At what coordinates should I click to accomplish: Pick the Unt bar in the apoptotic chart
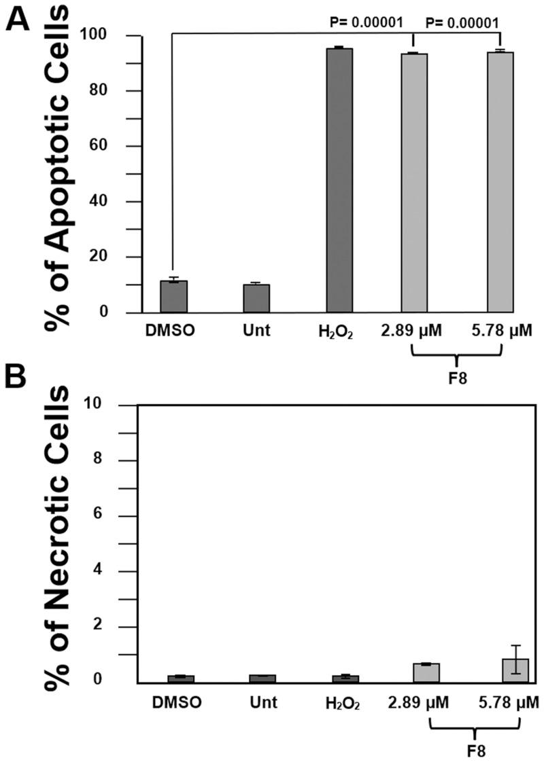click(256, 299)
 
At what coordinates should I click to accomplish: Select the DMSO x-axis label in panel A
click(170, 331)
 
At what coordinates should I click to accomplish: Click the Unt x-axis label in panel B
click(262, 702)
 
